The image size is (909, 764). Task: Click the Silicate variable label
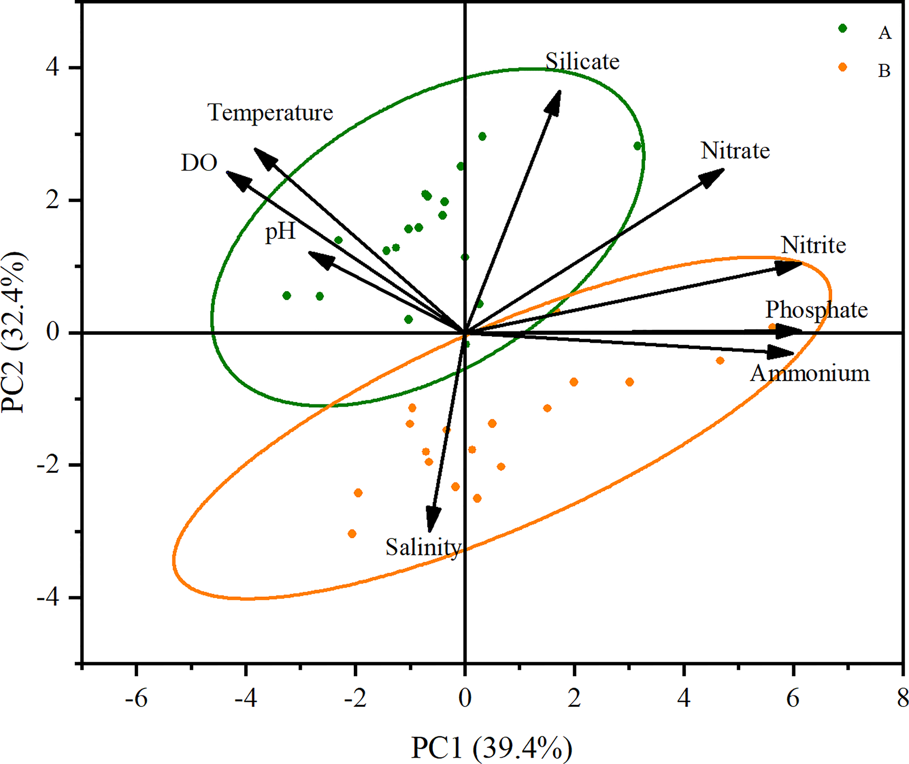tap(582, 61)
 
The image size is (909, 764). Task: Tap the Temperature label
tap(270, 113)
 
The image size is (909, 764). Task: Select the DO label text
tap(199, 163)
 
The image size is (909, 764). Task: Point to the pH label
tap(280, 232)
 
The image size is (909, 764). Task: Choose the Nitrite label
tap(813, 245)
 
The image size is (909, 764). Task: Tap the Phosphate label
tap(816, 310)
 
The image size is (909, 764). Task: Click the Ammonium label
tap(810, 373)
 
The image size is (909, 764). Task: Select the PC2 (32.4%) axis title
tap(14, 332)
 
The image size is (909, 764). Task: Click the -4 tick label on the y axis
tap(48, 598)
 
